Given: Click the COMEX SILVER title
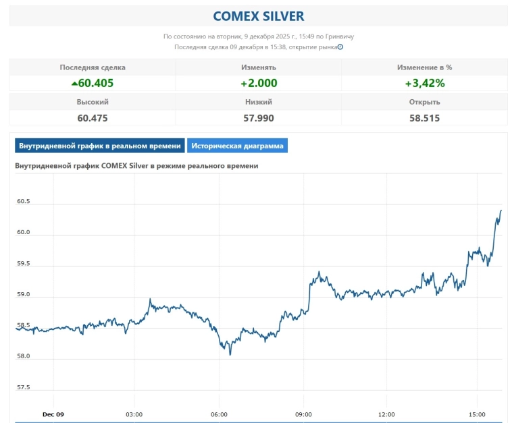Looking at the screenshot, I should pos(258,16).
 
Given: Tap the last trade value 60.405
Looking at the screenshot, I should pos(96,83).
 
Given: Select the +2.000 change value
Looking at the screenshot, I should pos(258,83).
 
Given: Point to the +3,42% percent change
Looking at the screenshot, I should pos(424,83).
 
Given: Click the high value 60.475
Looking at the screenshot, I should pos(93,117).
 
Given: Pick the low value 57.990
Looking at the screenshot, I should pos(258,117).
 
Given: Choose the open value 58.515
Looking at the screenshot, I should pos(424,117).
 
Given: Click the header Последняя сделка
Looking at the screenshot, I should pos(93,67).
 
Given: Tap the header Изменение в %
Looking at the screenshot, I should pos(424,67).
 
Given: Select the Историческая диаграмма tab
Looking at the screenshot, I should pos(237,146).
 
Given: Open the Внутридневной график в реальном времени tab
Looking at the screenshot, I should pos(99,146).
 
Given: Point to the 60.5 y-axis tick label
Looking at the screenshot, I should pos(23,201).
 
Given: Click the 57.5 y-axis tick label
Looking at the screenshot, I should pos(23,387).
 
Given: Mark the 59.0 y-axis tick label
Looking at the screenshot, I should pos(23,295).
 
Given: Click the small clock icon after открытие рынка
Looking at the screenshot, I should pos(340,47).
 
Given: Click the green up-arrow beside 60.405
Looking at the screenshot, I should pos(74,84).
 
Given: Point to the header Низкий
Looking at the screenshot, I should pos(258,102).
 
